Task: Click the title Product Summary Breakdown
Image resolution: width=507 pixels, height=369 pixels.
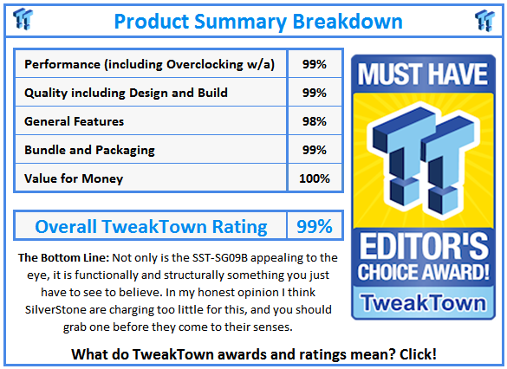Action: [257, 20]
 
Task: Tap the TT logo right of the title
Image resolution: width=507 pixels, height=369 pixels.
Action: [485, 20]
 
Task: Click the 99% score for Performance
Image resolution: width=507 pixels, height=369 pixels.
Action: [314, 64]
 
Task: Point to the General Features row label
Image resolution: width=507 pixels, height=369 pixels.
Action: [75, 121]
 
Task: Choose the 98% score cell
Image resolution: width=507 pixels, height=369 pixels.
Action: [314, 121]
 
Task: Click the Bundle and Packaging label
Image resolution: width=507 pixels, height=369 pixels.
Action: [90, 150]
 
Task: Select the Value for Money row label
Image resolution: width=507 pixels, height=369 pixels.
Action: [75, 178]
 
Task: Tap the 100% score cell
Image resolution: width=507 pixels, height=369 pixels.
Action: [314, 178]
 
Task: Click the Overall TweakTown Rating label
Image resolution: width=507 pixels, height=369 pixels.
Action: [151, 227]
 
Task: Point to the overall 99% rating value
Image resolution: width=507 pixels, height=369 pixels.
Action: [314, 227]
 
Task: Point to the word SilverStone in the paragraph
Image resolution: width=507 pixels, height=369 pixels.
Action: [51, 311]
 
